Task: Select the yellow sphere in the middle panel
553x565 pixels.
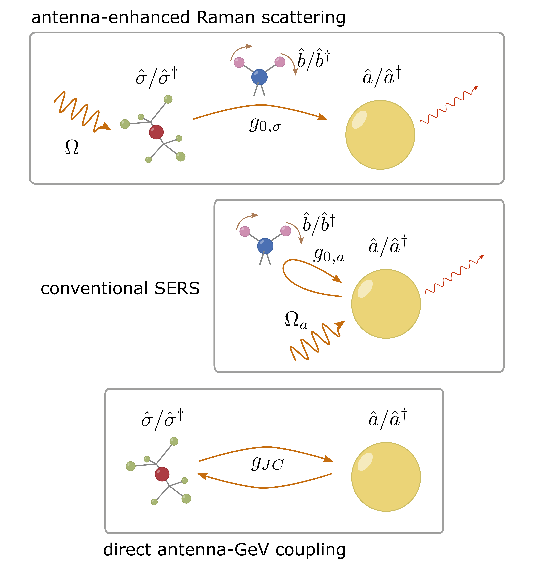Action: pos(386,304)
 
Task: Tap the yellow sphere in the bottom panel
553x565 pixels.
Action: pos(386,477)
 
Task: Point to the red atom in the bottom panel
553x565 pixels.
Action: pos(162,474)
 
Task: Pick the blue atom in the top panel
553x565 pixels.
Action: pos(259,77)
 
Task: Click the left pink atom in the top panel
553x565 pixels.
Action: pos(239,62)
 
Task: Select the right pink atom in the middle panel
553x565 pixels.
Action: pos(286,231)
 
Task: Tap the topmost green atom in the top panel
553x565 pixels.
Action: pos(168,99)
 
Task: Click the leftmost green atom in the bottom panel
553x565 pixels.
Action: pos(131,466)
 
